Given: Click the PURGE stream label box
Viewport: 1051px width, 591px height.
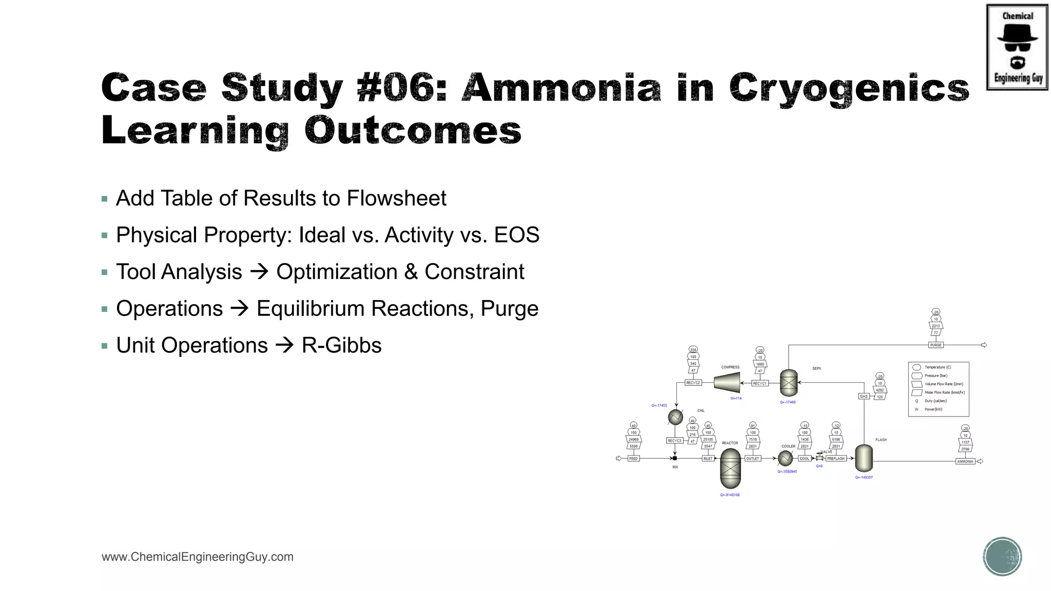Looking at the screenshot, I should [936, 345].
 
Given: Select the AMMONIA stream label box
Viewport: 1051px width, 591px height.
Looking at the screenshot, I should [965, 461].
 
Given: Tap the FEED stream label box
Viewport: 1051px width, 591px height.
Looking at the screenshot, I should [633, 459].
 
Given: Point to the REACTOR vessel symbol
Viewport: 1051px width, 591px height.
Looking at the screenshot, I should [730, 468].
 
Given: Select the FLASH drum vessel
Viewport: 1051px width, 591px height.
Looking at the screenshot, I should [864, 458].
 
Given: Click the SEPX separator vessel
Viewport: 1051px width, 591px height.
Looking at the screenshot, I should [788, 383].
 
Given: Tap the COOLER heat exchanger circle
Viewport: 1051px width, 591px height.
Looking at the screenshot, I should [785, 458].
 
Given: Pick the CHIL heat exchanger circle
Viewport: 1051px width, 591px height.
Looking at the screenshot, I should [675, 417].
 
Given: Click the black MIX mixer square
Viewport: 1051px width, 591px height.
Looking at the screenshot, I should [675, 458].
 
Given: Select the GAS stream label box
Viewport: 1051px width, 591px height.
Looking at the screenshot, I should [864, 396].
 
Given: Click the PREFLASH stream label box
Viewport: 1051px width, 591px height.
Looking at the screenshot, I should [835, 459].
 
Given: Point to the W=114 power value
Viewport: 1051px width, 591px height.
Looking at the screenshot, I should [735, 398].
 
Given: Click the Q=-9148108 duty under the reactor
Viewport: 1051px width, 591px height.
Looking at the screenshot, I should [730, 495].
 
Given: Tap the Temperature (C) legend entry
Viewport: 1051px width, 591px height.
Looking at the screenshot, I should [937, 367].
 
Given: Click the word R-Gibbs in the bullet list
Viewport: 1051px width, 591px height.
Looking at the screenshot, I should [341, 345].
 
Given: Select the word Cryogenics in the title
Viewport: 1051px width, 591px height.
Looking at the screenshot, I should [849, 88].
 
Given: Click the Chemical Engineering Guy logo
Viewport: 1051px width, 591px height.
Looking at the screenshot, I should [1017, 47].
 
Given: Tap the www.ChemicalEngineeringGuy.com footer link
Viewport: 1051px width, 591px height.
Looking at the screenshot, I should [198, 557].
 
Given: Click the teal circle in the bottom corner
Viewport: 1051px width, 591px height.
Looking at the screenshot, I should [1002, 557].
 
